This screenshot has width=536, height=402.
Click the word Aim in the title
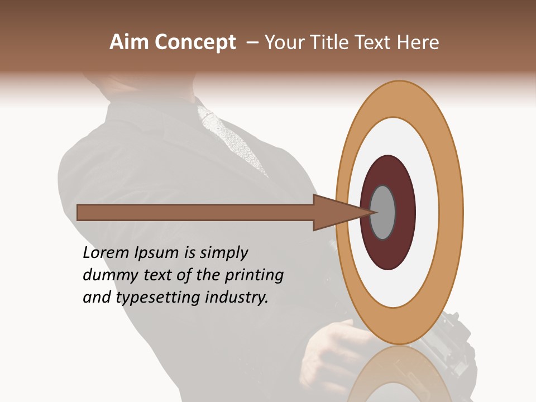(x=130, y=42)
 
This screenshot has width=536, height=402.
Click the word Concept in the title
(x=196, y=42)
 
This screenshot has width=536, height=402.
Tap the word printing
(x=254, y=275)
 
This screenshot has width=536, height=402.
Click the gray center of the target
(x=383, y=212)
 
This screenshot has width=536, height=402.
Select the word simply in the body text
(x=223, y=253)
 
